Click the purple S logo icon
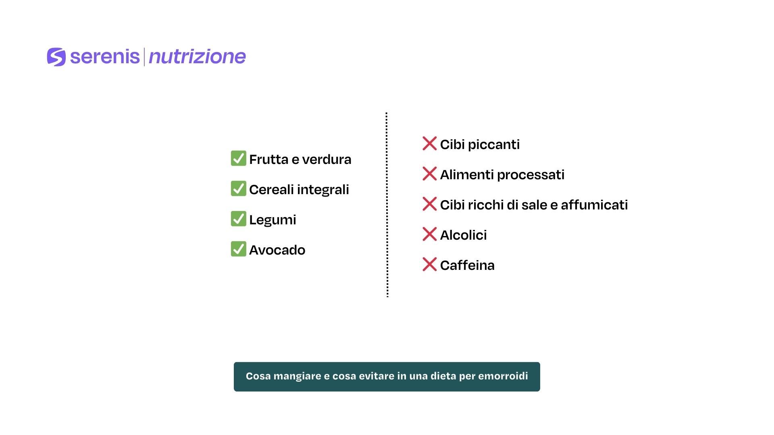click(x=56, y=57)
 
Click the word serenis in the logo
click(x=105, y=56)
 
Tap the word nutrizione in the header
click(x=197, y=57)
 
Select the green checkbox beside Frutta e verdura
click(x=238, y=158)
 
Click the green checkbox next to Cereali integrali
click(x=238, y=188)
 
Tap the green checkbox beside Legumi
click(x=238, y=219)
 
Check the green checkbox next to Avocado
click(x=238, y=249)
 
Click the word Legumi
click(x=273, y=220)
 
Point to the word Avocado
click(x=277, y=250)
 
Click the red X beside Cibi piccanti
click(x=429, y=143)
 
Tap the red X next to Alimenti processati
click(x=429, y=174)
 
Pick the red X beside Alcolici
click(x=429, y=234)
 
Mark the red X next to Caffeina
click(x=429, y=264)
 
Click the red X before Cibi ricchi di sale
click(x=429, y=204)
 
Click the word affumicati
click(x=594, y=205)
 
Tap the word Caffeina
click(x=467, y=265)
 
